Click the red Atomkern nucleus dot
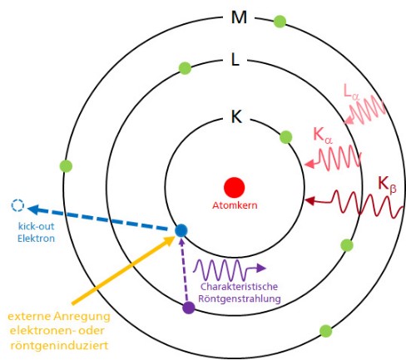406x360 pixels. tap(235, 187)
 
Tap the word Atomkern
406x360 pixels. tap(235, 205)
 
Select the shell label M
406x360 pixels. tap(239, 17)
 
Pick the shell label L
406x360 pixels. tap(235, 60)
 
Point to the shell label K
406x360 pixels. tap(236, 116)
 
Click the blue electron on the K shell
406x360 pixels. tap(181, 230)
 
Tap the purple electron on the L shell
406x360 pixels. tap(189, 308)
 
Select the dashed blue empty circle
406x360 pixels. tap(17, 205)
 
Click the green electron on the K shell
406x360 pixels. tap(286, 137)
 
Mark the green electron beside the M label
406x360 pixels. tap(280, 22)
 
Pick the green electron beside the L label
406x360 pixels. tap(185, 68)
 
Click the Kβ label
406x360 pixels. tap(387, 185)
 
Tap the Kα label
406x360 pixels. tap(323, 136)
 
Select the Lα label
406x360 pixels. tap(352, 91)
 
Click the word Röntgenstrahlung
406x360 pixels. tap(240, 298)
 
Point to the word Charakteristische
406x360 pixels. tap(239, 287)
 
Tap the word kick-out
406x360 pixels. tap(36, 226)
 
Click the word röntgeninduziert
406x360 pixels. tap(59, 346)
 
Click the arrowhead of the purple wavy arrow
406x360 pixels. tap(261, 268)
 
